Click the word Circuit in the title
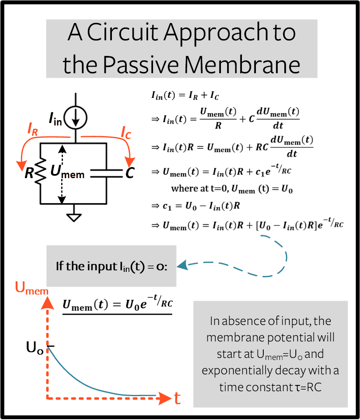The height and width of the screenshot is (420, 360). click(x=123, y=32)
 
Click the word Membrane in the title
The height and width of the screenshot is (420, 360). click(x=242, y=65)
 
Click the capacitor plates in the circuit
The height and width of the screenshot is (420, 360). click(x=106, y=173)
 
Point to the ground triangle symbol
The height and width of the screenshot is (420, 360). click(x=74, y=218)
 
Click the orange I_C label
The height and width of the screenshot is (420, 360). click(x=126, y=132)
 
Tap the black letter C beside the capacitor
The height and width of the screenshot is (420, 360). click(x=130, y=173)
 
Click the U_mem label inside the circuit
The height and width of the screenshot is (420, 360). click(x=67, y=172)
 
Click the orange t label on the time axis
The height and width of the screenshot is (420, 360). click(x=177, y=399)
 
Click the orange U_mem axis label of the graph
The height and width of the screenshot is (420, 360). click(x=32, y=288)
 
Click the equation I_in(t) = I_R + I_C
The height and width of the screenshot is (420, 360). click(x=185, y=95)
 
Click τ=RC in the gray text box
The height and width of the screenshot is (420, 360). click(x=308, y=388)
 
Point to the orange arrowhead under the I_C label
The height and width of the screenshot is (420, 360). click(x=130, y=162)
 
